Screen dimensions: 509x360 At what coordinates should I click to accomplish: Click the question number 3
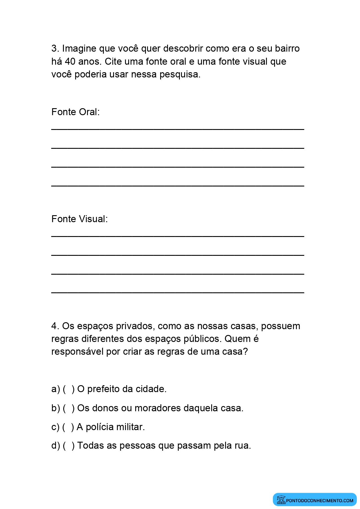55,48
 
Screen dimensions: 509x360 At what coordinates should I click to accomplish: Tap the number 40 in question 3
70,61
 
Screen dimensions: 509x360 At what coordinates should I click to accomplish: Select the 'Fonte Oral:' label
75,112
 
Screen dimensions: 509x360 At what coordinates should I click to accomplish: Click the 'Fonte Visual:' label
79,219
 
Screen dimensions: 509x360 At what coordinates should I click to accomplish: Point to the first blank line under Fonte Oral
178,128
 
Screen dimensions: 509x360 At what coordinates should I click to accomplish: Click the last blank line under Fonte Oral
178,185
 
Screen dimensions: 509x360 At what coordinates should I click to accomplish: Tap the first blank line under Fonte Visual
178,236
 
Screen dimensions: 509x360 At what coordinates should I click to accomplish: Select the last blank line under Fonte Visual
178,292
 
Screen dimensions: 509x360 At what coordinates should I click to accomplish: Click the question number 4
55,326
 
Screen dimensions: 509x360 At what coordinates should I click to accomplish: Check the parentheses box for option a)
69,389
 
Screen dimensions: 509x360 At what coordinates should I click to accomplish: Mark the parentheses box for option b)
69,408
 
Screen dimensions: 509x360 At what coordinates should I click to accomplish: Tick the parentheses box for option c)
68,427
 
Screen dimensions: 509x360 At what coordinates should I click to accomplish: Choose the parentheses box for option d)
69,445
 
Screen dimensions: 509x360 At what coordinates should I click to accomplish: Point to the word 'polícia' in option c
99,427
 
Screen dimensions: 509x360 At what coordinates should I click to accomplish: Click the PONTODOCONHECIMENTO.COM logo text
320,501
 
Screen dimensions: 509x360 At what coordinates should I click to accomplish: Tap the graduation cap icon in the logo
281,500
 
